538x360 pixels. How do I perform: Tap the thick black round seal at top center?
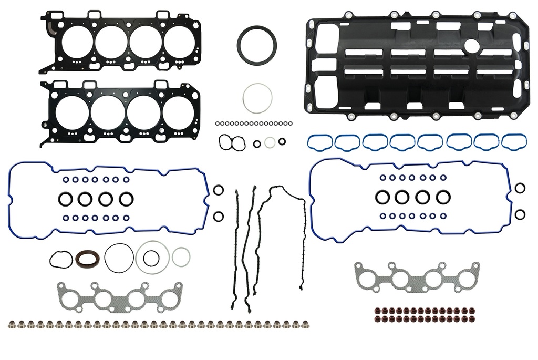[256, 44]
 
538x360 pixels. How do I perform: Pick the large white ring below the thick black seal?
[257, 98]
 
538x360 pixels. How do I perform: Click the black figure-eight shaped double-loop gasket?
[232, 142]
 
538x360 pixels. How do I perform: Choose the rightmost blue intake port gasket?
[514, 142]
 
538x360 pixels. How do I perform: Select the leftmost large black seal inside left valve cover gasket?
[65, 199]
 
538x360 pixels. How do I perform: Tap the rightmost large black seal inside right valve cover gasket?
[443, 197]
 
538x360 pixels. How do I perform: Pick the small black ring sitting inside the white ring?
[151, 258]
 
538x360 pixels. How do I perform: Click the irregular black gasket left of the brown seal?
[61, 259]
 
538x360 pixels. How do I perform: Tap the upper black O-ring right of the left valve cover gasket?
[219, 190]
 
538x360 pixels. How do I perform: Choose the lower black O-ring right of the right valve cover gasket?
[520, 214]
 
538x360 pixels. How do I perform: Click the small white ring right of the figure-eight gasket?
[270, 142]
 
